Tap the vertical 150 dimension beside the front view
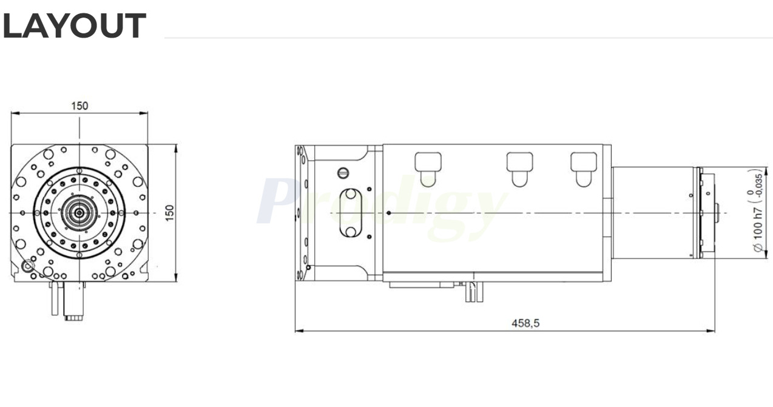click(170, 213)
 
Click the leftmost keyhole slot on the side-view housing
click(427, 167)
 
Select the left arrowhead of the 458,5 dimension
click(297, 331)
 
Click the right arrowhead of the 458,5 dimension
click(712, 331)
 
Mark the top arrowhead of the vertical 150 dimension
click(176, 147)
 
